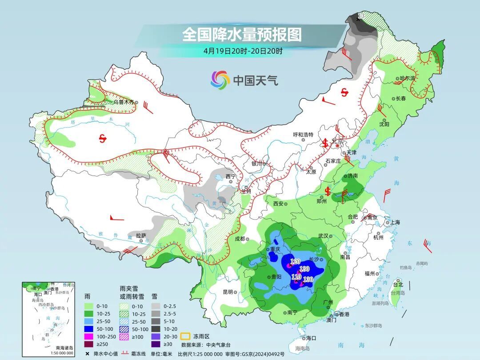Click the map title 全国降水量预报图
242,34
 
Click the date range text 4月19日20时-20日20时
243,51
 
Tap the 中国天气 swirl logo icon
220,80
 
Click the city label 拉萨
141,235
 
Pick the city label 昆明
228,292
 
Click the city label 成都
240,239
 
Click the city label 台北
398,284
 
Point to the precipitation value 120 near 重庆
295,261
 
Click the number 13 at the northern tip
361,16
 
